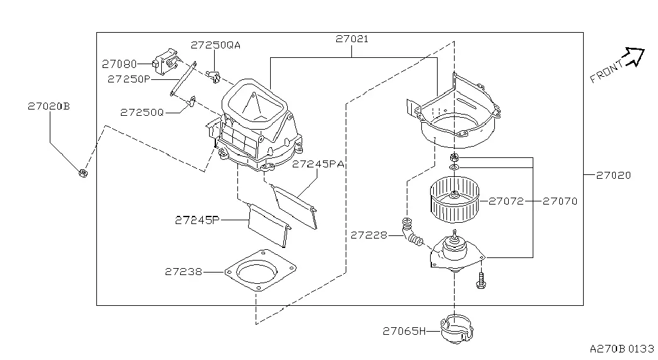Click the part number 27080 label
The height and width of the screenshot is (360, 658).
coord(120,64)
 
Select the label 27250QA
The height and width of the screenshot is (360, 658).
coord(216,45)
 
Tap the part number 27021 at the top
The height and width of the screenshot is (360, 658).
coord(352,38)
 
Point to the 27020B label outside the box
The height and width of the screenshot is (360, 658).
coord(48,106)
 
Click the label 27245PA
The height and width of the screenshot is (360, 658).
coord(318,164)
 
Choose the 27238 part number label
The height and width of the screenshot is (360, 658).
coord(183,271)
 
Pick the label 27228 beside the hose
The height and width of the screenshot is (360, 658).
coord(369,235)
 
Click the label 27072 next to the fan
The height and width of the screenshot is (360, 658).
coord(506,201)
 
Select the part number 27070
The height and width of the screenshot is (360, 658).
coord(560,201)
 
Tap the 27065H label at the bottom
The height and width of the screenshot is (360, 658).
coord(404,331)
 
